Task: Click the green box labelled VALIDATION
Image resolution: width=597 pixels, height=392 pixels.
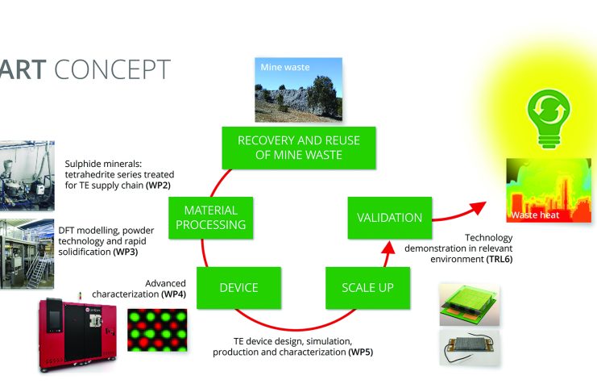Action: tap(384, 217)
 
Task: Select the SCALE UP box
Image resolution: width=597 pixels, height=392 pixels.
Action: tap(361, 287)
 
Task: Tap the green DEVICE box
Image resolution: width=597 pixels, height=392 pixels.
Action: tap(239, 287)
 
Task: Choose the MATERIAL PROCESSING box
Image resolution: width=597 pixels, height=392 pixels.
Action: tap(209, 217)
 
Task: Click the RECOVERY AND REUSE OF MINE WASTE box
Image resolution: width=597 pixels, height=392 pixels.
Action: tap(298, 148)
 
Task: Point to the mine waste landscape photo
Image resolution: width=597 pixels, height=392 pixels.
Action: tap(298, 90)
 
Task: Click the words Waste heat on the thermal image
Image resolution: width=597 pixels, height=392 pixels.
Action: tap(534, 215)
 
